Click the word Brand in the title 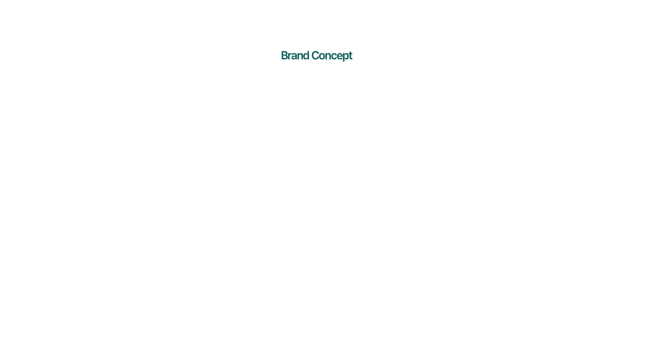click(x=295, y=55)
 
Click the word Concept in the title click(x=332, y=56)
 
